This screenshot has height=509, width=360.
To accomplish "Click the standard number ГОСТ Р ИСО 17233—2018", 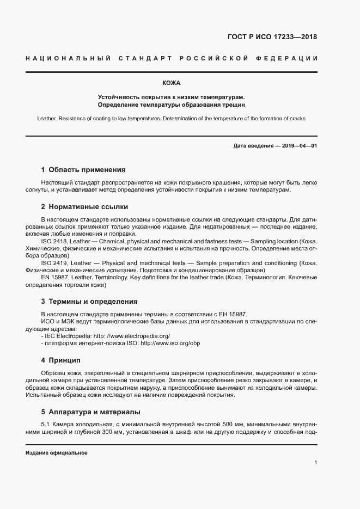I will click(272, 38).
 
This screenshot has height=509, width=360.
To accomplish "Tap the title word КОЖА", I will click(171, 83).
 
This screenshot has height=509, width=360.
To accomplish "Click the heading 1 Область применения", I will click(83, 169).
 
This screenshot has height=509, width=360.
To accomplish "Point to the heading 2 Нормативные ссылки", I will click(84, 207).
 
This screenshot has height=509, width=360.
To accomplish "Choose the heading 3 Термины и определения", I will click(89, 301).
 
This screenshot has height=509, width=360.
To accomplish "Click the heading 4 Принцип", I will click(60, 360).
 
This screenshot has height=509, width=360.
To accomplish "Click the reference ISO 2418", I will click(53, 241).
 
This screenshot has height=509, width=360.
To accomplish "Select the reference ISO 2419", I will click(53, 262).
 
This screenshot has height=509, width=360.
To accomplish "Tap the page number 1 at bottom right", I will click(315, 462).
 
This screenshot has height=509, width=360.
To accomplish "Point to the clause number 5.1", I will click(45, 423).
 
